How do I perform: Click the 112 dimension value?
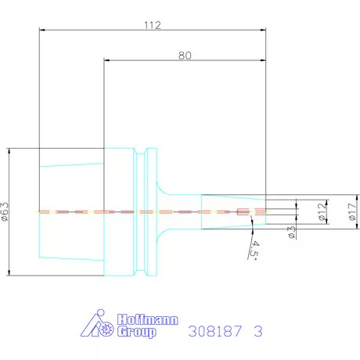pyautogui.click(x=153, y=25)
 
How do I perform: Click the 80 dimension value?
pyautogui.click(x=185, y=56)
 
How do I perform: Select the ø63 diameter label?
pyautogui.click(x=5, y=211)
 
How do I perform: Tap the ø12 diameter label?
pyautogui.click(x=322, y=211)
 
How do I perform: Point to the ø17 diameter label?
pyautogui.click(x=352, y=211)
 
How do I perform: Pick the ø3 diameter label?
pyautogui.click(x=292, y=232)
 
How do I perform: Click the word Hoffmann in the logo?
pyautogui.click(x=148, y=320)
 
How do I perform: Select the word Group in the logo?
pyautogui.click(x=137, y=332)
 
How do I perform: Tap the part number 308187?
pyautogui.click(x=215, y=331)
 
